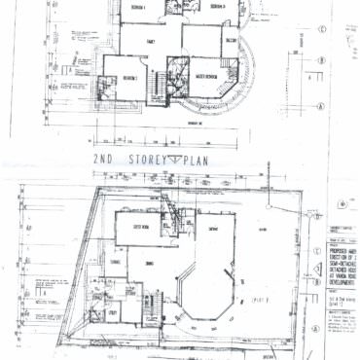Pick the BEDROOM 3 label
pos(216,7)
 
